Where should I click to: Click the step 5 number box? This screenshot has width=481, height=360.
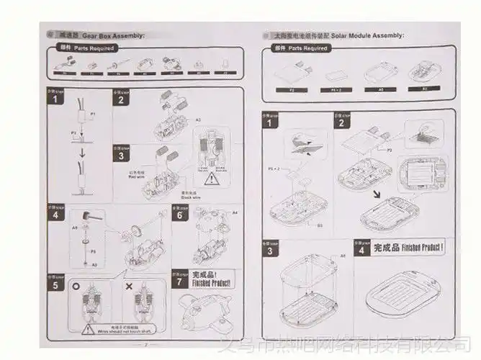54,284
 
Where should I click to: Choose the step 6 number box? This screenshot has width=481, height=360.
178,215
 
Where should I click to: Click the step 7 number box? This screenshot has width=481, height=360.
178,282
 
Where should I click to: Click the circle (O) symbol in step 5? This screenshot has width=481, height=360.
76,286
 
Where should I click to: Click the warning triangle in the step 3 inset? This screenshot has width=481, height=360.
213,177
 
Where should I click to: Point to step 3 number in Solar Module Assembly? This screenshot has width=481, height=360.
269,251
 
